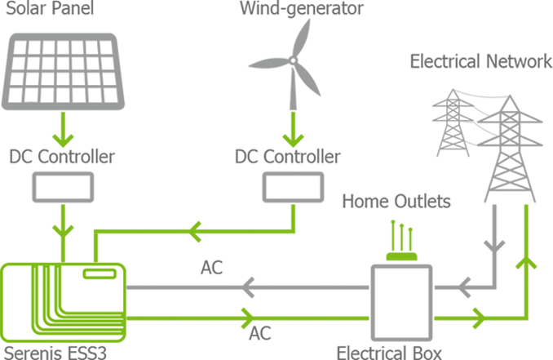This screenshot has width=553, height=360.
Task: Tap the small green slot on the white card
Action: [x=99, y=275]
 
